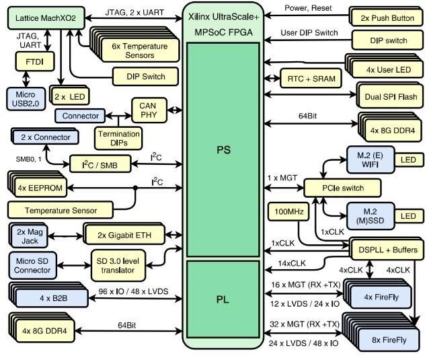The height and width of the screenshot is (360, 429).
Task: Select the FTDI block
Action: pos(30,62)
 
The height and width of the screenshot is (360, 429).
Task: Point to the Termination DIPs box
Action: pos(118,137)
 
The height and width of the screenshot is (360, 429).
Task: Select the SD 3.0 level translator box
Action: pos(117,264)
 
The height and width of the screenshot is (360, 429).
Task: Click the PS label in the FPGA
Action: pos(223,149)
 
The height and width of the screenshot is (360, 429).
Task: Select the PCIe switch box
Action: pos(343,187)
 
